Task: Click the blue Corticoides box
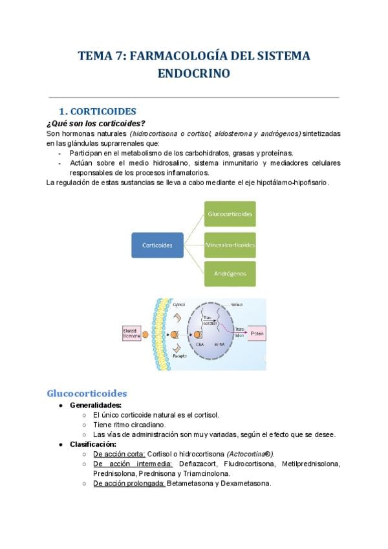[x=156, y=245]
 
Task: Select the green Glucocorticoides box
[x=230, y=213]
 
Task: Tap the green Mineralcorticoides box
[x=230, y=245]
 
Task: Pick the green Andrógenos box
[x=230, y=273]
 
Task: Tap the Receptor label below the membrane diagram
[x=180, y=355]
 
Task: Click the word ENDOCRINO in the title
[x=194, y=74]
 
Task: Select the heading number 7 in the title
[x=118, y=56]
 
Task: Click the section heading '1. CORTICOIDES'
[x=98, y=111]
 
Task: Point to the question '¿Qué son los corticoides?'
[x=96, y=124]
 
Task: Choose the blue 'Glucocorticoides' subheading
[x=87, y=394]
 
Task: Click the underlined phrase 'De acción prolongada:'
[x=129, y=483]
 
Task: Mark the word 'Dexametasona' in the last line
[x=249, y=483]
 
